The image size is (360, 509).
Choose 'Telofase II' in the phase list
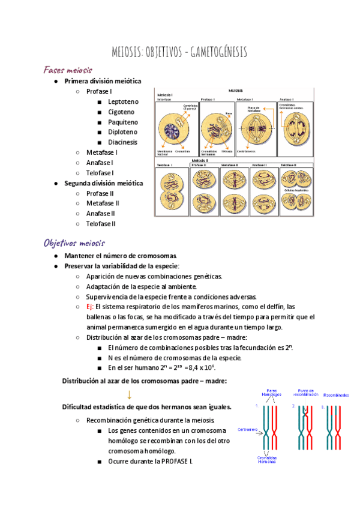[100, 224]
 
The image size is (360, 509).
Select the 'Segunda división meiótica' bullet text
[104, 183]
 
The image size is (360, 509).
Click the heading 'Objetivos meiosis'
[74, 243]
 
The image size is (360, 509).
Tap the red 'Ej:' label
[90, 307]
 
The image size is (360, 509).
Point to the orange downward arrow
[129, 394]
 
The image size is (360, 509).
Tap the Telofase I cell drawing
[172, 193]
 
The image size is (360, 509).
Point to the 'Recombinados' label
[338, 396]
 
